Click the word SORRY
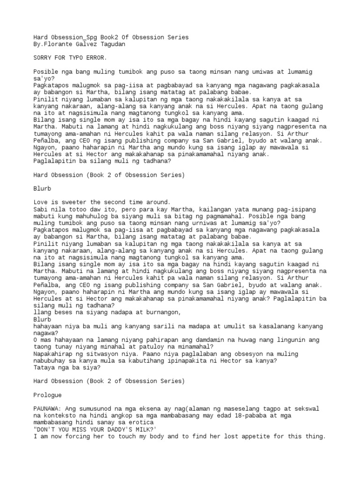(x=44, y=58)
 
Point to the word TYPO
(x=79, y=58)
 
